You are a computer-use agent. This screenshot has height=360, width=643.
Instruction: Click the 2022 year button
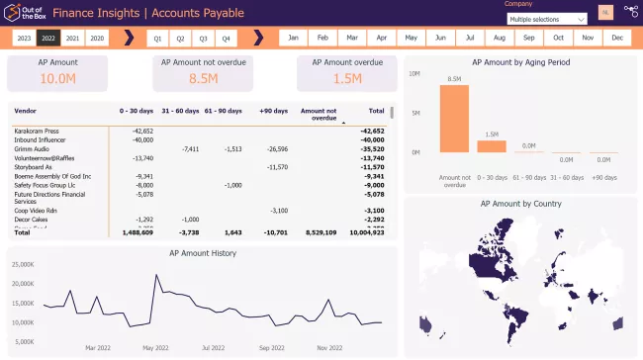pos(47,38)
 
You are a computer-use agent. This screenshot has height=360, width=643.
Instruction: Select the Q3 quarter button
pos(203,38)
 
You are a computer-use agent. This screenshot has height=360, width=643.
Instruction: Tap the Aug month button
pos(500,38)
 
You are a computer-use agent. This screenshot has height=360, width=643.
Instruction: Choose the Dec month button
pos(617,38)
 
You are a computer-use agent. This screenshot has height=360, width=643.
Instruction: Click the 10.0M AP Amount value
pos(58,79)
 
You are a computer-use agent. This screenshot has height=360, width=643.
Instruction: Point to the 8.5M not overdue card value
pos(203,79)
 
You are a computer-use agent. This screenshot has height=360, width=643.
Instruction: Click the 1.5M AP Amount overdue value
pos(348,79)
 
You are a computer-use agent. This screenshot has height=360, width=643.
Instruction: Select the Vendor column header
pos(26,112)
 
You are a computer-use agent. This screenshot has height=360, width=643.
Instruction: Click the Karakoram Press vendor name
pos(38,131)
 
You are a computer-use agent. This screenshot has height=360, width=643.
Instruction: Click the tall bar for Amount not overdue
pos(454,119)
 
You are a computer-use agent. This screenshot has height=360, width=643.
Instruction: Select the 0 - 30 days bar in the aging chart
pos(492,145)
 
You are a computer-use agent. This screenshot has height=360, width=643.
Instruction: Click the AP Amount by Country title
pos(520,203)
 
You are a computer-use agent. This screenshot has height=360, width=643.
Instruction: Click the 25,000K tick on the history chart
pos(21,265)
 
